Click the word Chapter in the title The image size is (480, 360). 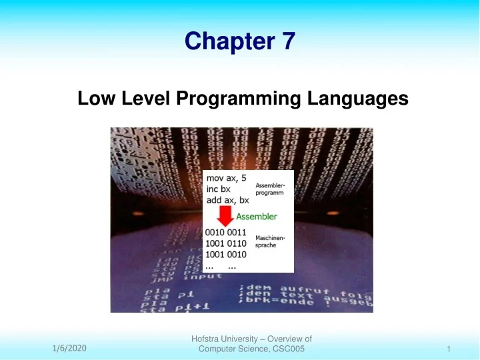coord(227,42)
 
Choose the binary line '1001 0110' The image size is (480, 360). coord(226,243)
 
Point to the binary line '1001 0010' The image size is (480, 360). coord(226,255)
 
